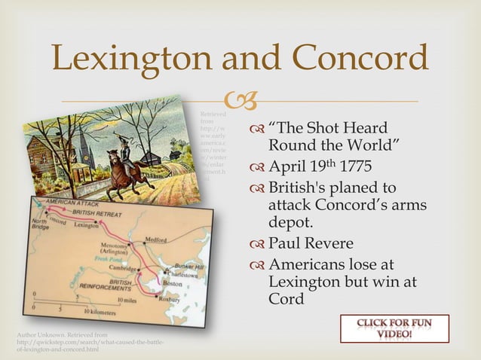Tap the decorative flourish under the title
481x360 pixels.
coord(240,100)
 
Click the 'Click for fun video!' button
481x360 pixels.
coord(394,329)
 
